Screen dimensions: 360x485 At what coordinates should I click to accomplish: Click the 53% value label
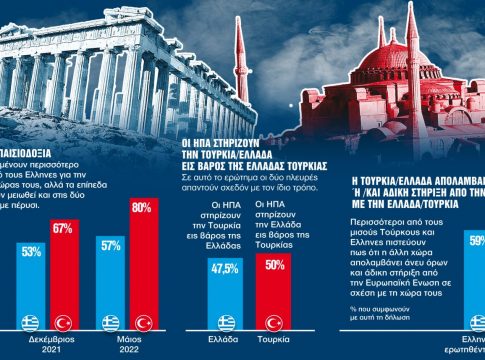[30, 251]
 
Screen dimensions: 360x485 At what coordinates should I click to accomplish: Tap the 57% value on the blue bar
[110, 245]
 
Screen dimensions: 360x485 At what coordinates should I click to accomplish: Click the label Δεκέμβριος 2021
[47, 346]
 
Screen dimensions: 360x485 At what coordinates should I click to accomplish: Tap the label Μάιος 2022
[126, 346]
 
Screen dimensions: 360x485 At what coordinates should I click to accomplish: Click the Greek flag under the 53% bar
[30, 322]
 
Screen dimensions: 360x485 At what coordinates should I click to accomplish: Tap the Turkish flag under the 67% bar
[65, 322]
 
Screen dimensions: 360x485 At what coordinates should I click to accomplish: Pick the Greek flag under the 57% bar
[110, 322]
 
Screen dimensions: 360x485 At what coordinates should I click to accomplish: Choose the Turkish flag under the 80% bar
[143, 322]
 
